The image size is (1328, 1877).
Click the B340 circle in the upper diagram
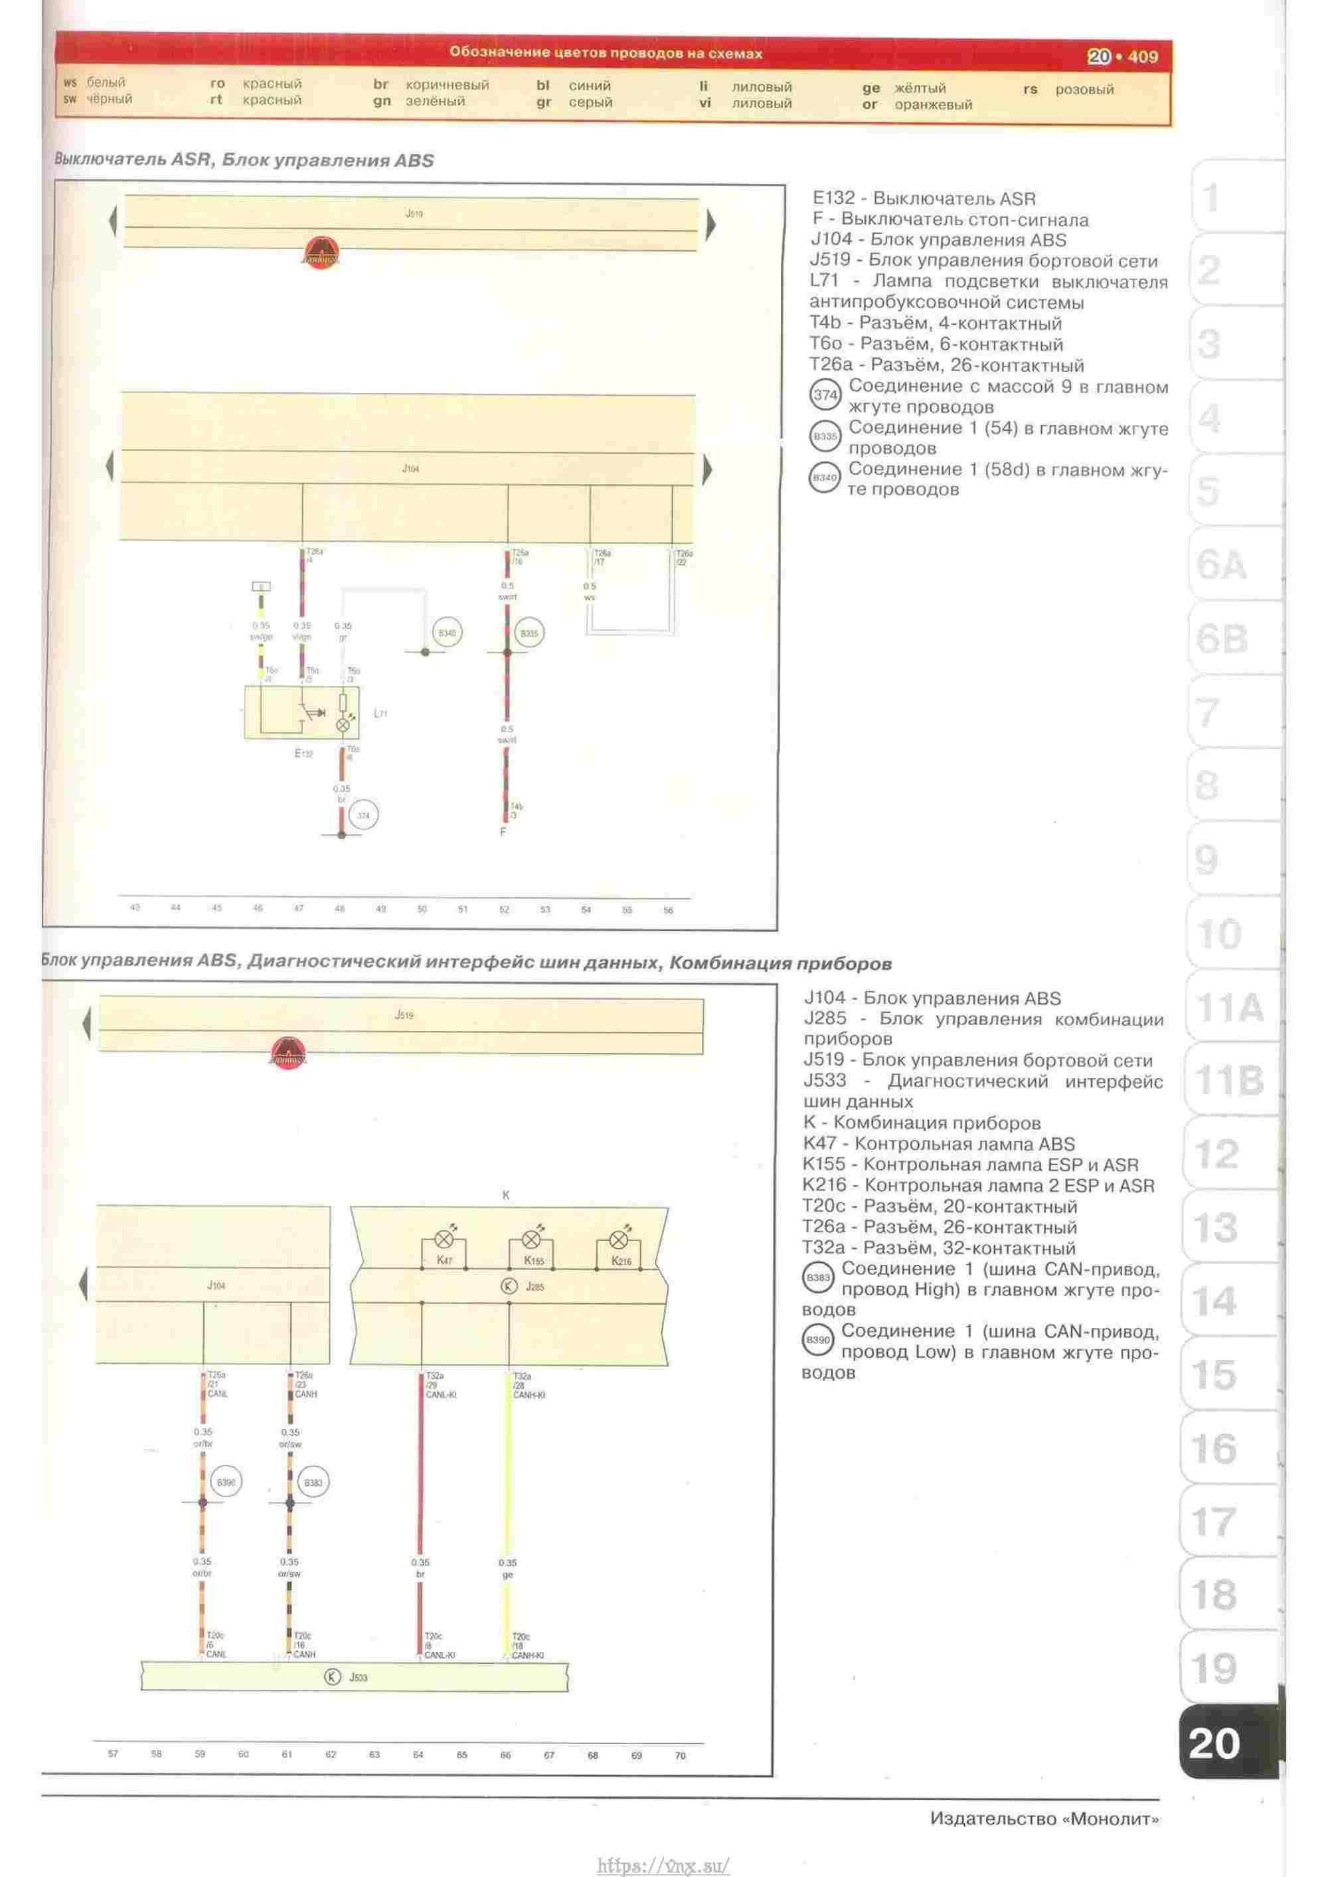pyautogui.click(x=446, y=633)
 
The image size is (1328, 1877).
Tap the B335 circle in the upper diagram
pyautogui.click(x=529, y=633)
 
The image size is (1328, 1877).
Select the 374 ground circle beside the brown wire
pyautogui.click(x=363, y=815)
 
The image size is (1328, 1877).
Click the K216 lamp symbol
pyautogui.click(x=619, y=1240)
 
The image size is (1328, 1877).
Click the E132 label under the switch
pyautogui.click(x=303, y=753)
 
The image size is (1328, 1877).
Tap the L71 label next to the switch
pyautogui.click(x=380, y=714)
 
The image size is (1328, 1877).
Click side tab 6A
pyautogui.click(x=1222, y=565)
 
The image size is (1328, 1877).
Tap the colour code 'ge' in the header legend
pyautogui.click(x=871, y=88)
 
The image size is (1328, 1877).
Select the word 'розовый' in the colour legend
pyautogui.click(x=1084, y=89)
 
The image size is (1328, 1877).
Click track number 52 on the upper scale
pyautogui.click(x=504, y=909)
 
